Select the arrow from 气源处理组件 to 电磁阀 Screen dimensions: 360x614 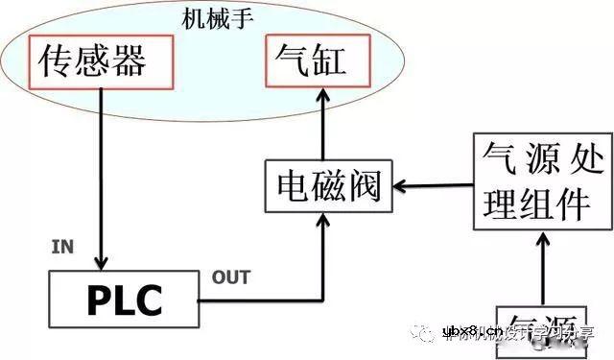tap(435, 186)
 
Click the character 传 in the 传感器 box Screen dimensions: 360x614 tap(57, 61)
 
